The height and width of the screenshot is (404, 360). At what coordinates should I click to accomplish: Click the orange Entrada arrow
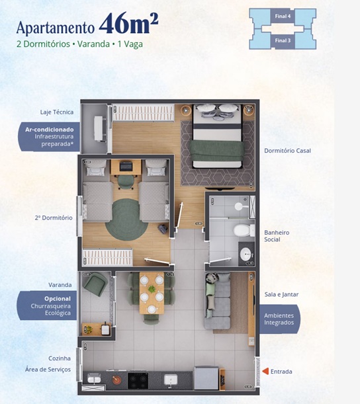click(265, 372)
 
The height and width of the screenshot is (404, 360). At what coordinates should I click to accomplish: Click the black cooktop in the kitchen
click(138, 380)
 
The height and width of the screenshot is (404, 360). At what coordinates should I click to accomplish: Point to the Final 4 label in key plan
click(283, 17)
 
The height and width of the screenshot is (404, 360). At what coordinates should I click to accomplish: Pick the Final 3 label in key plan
click(283, 40)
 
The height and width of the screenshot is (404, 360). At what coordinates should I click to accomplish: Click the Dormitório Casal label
click(287, 151)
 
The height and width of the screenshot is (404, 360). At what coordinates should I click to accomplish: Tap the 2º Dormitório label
click(54, 218)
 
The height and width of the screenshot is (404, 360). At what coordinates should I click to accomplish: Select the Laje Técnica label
click(57, 112)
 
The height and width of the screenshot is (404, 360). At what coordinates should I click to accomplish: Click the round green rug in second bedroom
click(126, 220)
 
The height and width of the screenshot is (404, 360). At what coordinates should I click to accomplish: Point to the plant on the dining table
click(152, 289)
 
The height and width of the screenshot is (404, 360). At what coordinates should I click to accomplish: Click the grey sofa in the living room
click(218, 301)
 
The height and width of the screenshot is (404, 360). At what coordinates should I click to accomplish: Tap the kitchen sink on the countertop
click(171, 380)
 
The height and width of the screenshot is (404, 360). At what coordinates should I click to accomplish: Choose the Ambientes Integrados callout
click(279, 319)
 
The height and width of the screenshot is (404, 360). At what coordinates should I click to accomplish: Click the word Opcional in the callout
click(58, 299)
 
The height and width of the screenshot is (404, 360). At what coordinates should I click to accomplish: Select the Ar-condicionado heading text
click(49, 130)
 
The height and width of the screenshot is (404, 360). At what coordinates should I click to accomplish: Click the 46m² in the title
click(128, 23)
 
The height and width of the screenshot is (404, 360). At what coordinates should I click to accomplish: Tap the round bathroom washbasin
click(247, 255)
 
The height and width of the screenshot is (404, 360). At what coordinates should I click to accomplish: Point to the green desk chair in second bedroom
click(126, 182)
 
